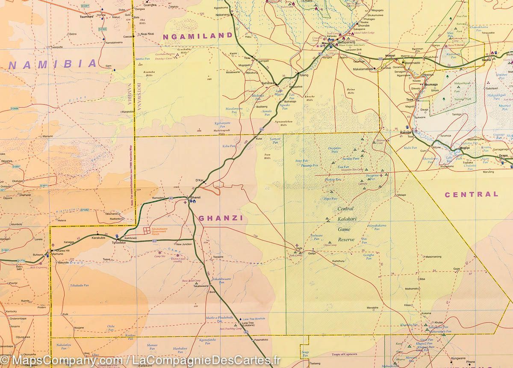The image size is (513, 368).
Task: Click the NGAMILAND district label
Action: point(198,37)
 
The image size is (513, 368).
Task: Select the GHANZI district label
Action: point(221,218)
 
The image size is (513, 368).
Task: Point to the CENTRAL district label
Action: point(472,194)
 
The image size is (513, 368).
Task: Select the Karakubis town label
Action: point(98,238)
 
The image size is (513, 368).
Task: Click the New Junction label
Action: point(184,244)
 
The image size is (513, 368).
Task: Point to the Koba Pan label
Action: point(229,146)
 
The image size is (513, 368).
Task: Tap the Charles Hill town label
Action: point(62,251)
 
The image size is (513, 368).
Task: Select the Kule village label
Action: point(65,314)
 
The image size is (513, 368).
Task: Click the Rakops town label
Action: point(405,132)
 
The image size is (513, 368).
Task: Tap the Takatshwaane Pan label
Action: point(221,280)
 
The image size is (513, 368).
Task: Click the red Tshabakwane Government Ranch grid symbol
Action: point(147,231)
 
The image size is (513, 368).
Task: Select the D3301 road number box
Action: point(85,6)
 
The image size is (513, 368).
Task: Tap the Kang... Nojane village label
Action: point(79,328)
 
